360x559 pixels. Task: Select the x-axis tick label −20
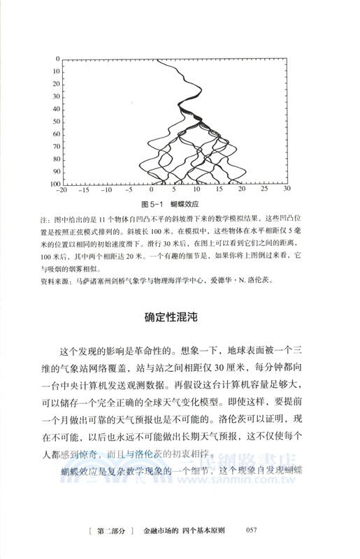62,190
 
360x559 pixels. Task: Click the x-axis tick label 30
287,190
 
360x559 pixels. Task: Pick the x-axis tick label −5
129,190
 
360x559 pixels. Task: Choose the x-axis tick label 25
264,190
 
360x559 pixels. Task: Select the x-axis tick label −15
84,190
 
